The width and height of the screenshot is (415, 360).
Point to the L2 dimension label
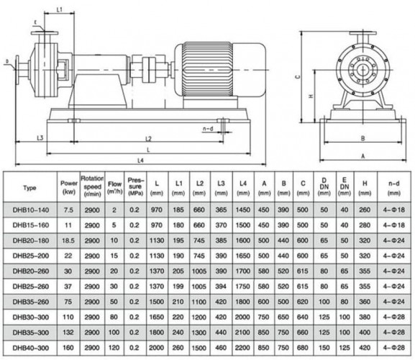147,138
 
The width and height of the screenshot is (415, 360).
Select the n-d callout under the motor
208,128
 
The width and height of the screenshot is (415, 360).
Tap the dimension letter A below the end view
364,154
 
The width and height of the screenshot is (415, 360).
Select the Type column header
29,188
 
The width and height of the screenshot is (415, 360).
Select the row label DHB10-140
29,210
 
